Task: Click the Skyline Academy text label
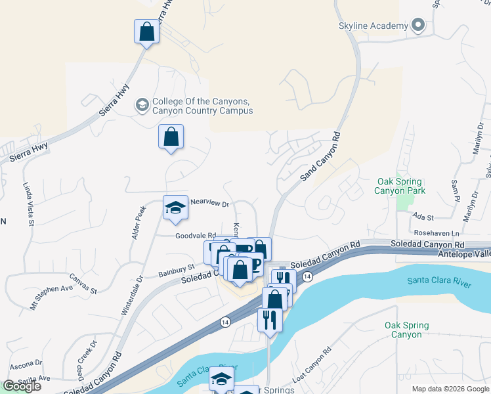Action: click(374, 26)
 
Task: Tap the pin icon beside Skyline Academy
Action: click(418, 26)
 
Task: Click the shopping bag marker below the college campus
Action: click(171, 137)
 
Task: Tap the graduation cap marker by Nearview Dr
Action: click(175, 208)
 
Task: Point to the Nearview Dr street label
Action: click(209, 204)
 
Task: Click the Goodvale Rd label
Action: click(196, 236)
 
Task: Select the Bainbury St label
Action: click(177, 268)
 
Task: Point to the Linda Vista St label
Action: click(28, 204)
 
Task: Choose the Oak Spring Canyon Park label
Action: click(400, 186)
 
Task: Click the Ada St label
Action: click(423, 217)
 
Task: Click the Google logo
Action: click(22, 386)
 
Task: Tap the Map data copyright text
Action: click(450, 389)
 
